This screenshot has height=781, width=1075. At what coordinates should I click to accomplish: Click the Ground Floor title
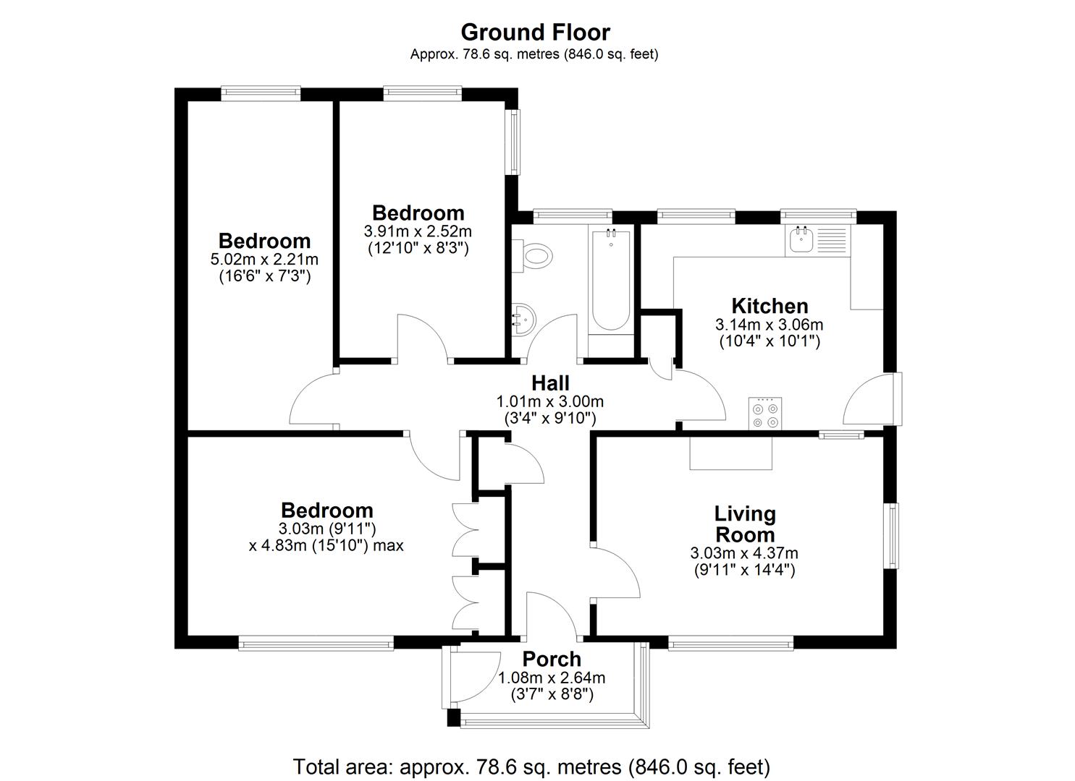pyautogui.click(x=535, y=33)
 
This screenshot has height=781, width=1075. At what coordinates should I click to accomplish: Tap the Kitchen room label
pyautogui.click(x=769, y=306)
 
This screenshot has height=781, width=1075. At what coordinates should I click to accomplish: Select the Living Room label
pyautogui.click(x=745, y=524)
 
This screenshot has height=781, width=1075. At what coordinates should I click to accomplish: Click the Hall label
pyautogui.click(x=550, y=383)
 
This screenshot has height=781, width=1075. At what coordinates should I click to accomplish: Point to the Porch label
pyautogui.click(x=552, y=659)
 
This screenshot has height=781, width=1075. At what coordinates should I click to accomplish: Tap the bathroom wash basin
pyautogui.click(x=523, y=317)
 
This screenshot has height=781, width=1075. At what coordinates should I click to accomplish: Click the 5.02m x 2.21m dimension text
pyautogui.click(x=264, y=259)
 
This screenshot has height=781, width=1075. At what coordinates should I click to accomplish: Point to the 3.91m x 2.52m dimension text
pyautogui.click(x=418, y=231)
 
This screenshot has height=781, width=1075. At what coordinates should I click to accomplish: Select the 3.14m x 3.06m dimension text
pyautogui.click(x=769, y=325)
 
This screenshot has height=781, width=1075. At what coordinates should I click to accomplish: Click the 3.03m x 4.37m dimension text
pyautogui.click(x=744, y=553)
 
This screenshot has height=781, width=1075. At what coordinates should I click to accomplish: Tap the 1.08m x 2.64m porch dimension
pyautogui.click(x=552, y=678)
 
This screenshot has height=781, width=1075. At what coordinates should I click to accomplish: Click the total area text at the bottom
pyautogui.click(x=531, y=766)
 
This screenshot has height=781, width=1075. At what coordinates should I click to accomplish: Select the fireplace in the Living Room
pyautogui.click(x=730, y=453)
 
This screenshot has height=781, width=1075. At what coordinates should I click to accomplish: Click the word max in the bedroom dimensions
pyautogui.click(x=389, y=545)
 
